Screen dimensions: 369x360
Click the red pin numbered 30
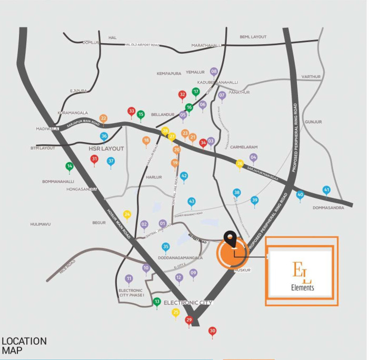[212, 331]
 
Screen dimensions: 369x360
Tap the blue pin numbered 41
[326, 190]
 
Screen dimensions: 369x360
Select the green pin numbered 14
[69, 166]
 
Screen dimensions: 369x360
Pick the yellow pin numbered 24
[127, 214]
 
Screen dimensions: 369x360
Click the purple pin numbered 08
[214, 72]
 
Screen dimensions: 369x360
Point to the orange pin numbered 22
[103, 118]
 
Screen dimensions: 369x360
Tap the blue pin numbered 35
[166, 246]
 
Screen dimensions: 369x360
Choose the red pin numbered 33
[132, 111]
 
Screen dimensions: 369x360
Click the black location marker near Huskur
[230, 239]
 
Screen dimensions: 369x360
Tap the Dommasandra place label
[328, 208]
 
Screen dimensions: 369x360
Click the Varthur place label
[311, 77]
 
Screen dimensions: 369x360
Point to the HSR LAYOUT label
[106, 148]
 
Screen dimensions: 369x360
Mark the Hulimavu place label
[40, 224]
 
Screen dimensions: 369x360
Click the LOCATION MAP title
[24, 345]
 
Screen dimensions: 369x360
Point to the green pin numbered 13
[156, 302]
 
